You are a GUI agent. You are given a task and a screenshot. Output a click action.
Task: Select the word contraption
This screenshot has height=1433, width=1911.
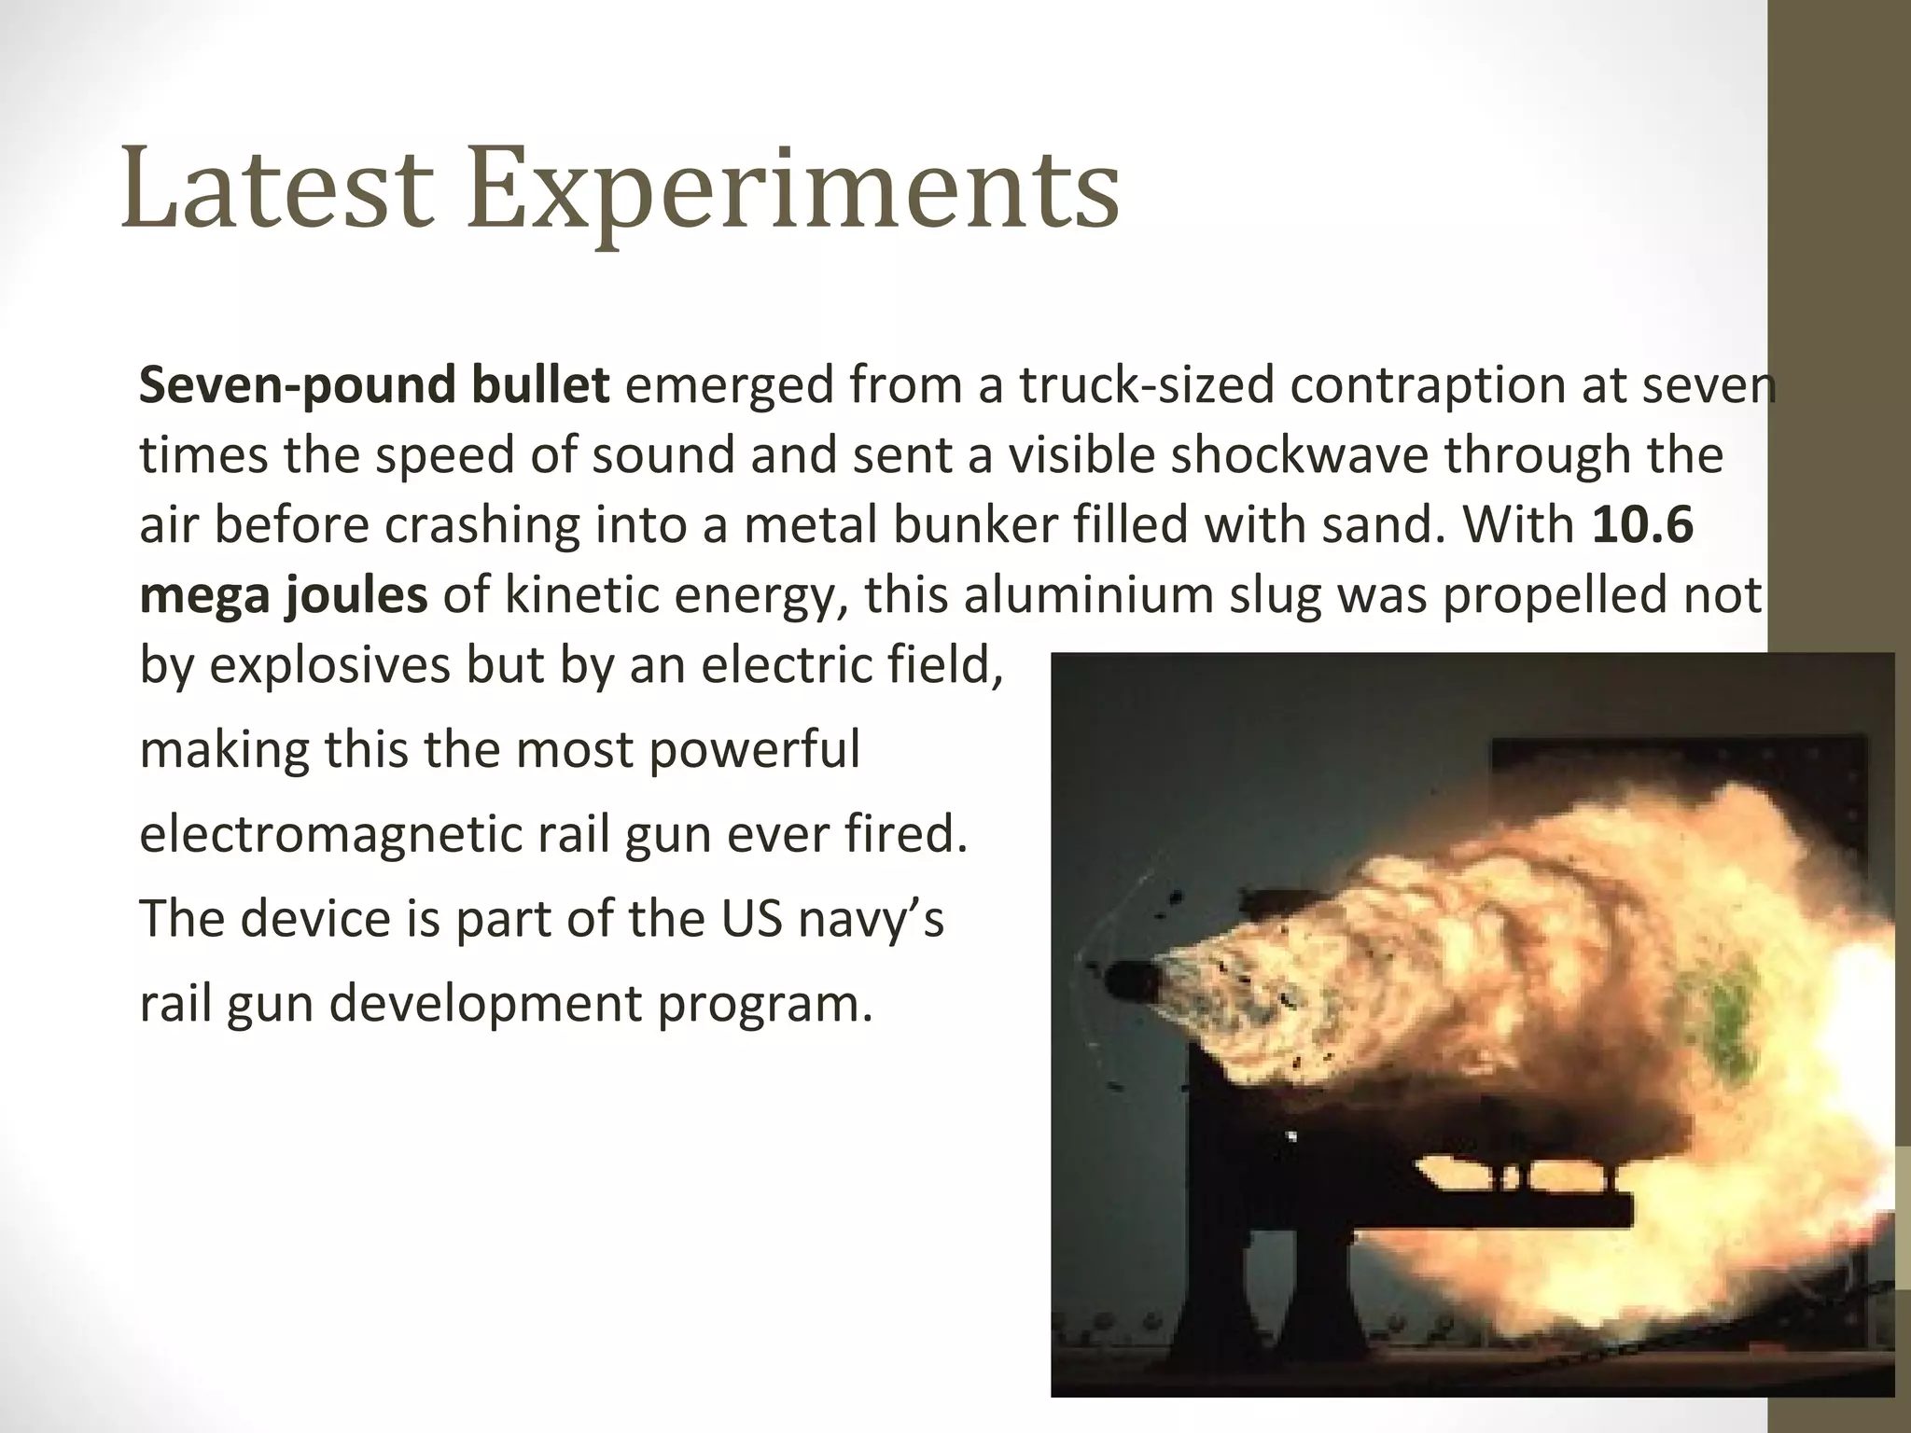[x=1428, y=386]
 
